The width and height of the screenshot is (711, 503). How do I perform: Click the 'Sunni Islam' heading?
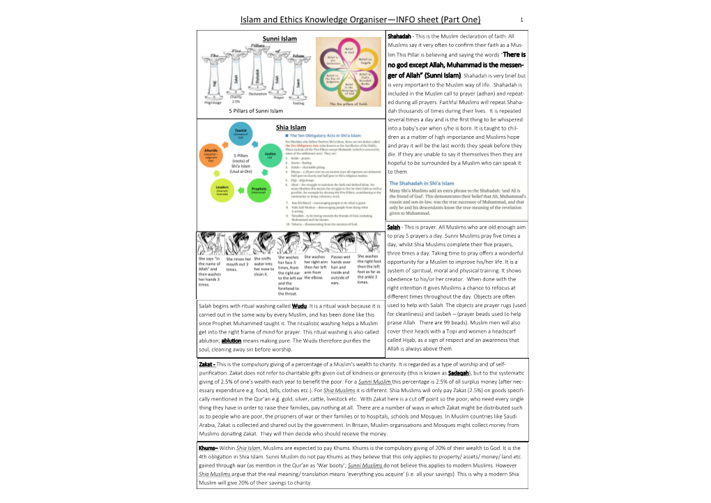pyautogui.click(x=280, y=38)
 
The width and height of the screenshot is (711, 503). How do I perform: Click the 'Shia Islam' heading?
pyautogui.click(x=291, y=128)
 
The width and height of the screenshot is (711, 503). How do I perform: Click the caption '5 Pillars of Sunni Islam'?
pyautogui.click(x=256, y=111)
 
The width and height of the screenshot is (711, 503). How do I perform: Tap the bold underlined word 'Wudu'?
pyautogui.click(x=300, y=306)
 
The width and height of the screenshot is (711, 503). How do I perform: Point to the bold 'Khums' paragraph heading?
pyautogui.click(x=208, y=448)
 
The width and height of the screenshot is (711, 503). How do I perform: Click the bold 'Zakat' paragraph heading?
pyautogui.click(x=206, y=364)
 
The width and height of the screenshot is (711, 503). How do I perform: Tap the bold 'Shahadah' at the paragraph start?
pyautogui.click(x=399, y=36)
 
